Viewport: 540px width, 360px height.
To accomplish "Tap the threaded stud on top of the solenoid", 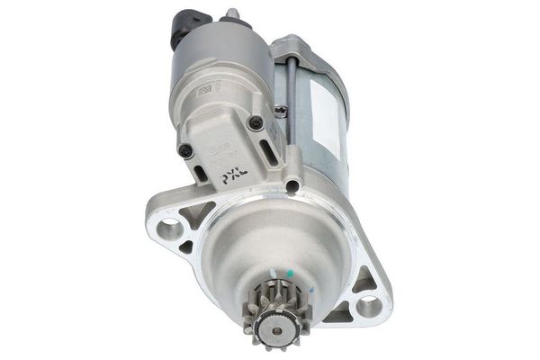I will [231, 13].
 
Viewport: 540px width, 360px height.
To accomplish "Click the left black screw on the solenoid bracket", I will [185, 150].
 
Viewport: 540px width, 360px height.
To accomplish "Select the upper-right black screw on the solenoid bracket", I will [256, 122].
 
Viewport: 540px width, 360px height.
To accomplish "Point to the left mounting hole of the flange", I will [168, 229].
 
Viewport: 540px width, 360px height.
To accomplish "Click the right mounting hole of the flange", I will [369, 307].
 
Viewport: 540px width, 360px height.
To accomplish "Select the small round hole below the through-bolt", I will [292, 186].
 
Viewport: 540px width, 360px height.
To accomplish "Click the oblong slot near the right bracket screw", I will [269, 151].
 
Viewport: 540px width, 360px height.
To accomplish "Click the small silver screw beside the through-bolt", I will [282, 111].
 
